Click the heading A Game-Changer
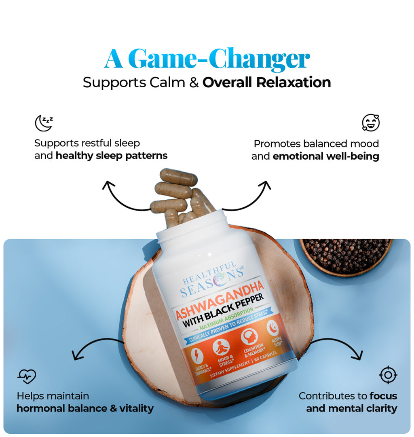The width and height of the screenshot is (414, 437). (x=207, y=59)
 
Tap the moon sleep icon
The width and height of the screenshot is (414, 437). (x=44, y=123)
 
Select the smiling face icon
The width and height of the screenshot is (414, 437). (x=370, y=123)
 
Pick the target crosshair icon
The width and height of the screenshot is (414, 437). (x=388, y=375)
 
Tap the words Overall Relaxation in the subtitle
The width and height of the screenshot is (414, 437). (x=266, y=82)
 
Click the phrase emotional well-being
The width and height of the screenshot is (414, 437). (x=326, y=156)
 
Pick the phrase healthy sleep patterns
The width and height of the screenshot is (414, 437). (x=111, y=156)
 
